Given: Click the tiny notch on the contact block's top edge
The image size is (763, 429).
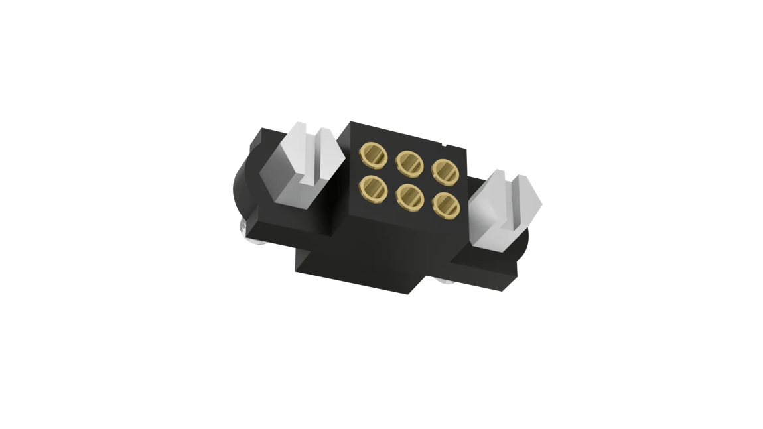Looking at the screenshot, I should coord(444,142).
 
